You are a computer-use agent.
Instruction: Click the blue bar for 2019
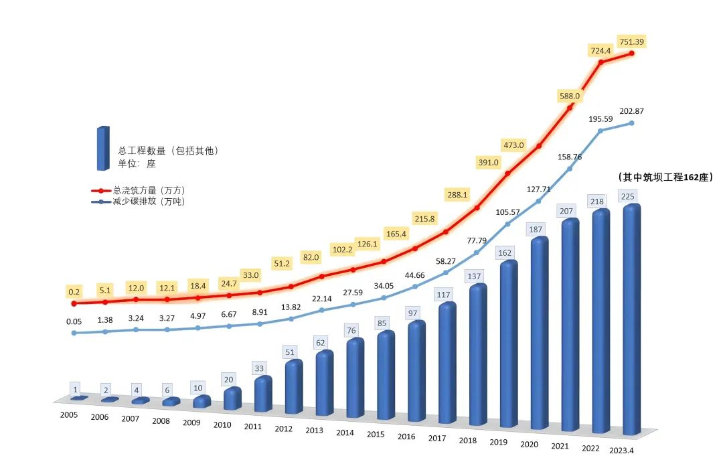coord(509,345)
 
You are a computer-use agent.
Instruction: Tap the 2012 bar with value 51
coord(294,388)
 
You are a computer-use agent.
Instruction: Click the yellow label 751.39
coord(631,42)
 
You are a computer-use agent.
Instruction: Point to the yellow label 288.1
coord(459,195)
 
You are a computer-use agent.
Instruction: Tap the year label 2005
coord(69,415)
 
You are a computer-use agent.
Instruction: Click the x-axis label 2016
coord(406,437)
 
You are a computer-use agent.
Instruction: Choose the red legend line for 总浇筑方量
coord(101,191)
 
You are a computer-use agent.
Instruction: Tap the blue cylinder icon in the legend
coord(102,148)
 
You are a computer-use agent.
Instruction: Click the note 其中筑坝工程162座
coord(664,177)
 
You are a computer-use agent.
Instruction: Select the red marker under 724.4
coord(601,62)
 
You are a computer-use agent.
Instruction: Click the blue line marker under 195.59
coord(601,131)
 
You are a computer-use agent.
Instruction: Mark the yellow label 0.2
coord(74,292)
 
